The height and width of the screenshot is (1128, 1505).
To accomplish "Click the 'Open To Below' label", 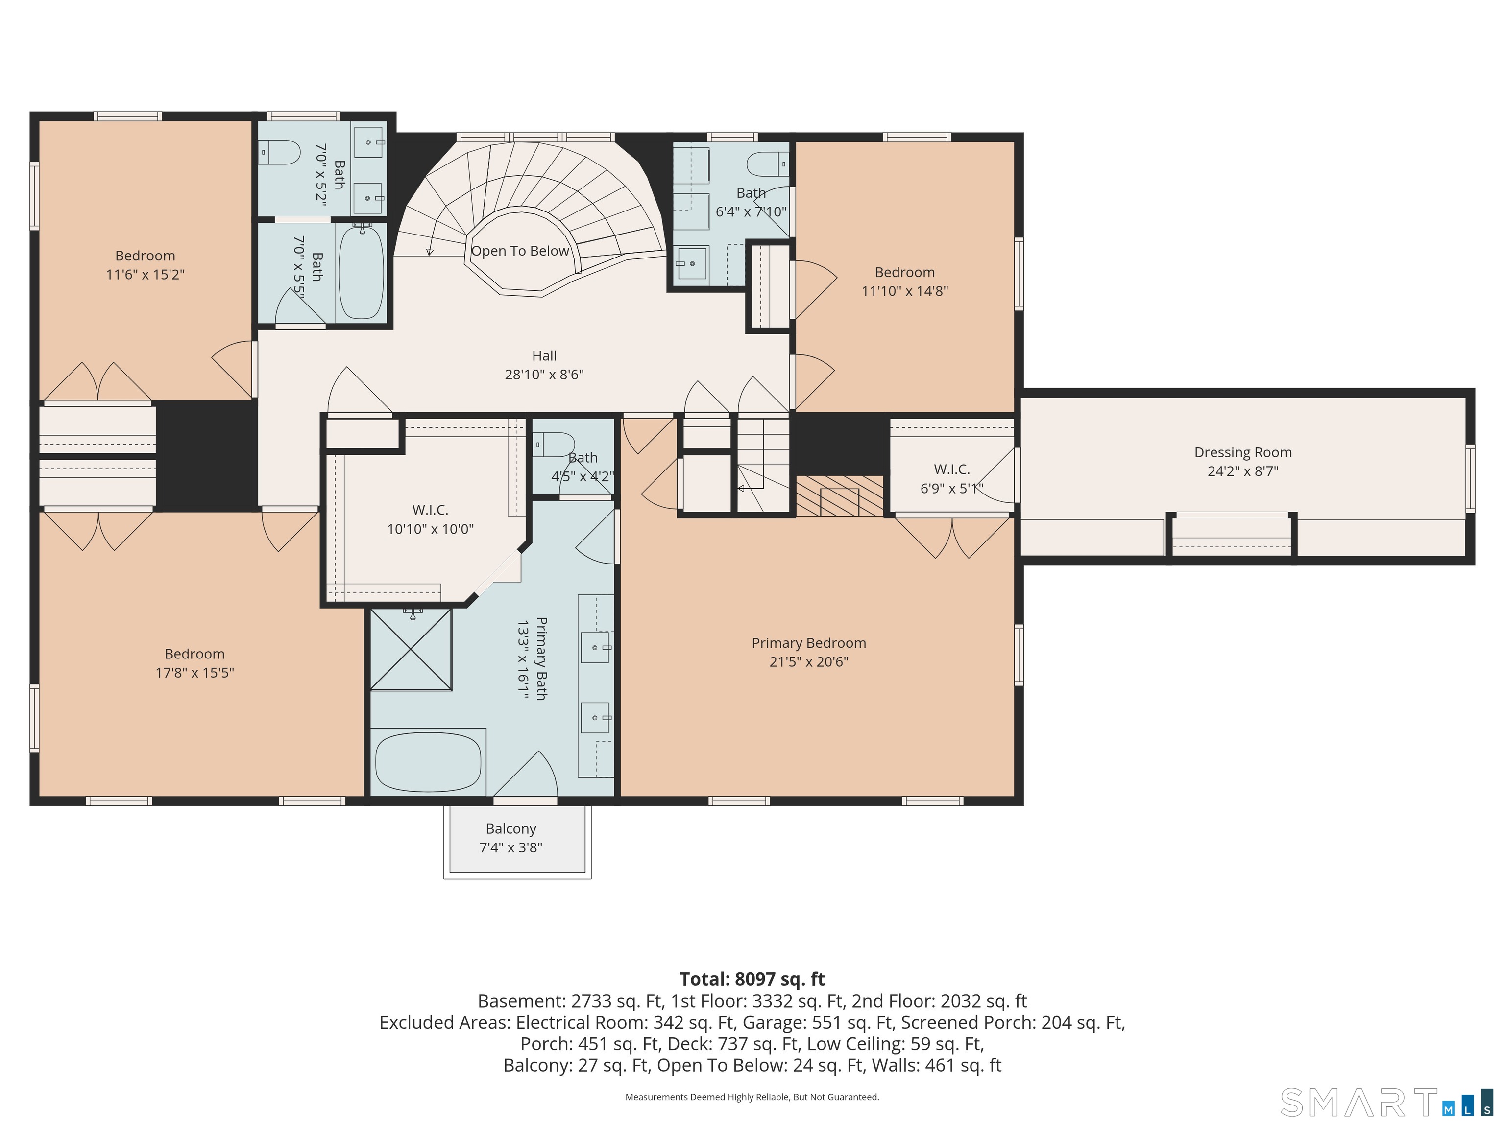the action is (x=520, y=251).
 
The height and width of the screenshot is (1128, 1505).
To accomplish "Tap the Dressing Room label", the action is (x=1243, y=452).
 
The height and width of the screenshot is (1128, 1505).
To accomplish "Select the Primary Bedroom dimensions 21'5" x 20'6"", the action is (x=809, y=661).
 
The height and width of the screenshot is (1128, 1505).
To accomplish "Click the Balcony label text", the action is (x=511, y=829).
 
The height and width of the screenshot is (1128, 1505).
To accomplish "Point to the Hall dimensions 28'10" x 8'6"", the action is (x=544, y=374).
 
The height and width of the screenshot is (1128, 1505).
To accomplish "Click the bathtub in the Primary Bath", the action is (x=428, y=761).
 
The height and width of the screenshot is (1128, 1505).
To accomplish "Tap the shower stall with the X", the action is (x=411, y=649).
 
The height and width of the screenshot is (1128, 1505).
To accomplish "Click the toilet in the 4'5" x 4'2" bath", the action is (x=555, y=445).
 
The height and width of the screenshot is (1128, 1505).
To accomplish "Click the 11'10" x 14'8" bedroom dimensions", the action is (x=905, y=290).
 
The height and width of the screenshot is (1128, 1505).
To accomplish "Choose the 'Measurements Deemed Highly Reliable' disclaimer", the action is (x=752, y=1097).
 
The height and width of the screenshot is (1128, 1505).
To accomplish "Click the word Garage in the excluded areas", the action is (x=769, y=1023).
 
